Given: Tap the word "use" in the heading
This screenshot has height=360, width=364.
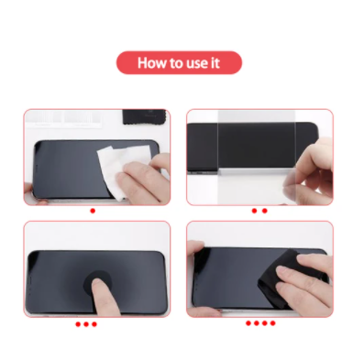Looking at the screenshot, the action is [x=195, y=63].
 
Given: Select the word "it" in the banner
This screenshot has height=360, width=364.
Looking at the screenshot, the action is [x=215, y=63].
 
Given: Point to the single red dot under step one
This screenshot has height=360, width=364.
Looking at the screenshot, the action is [x=93, y=211].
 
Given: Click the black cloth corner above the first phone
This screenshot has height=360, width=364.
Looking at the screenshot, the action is [x=144, y=116].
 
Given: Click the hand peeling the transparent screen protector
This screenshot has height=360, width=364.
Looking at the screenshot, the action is [x=312, y=174].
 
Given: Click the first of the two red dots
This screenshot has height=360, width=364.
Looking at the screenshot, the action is [x=254, y=211].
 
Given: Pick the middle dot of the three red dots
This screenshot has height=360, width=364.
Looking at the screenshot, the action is [x=86, y=324].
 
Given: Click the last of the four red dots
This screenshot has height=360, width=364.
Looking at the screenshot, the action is [x=272, y=323].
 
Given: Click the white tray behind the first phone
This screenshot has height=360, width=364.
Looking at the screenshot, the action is [x=63, y=118].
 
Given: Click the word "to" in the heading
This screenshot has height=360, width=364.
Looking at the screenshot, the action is [x=175, y=63].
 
